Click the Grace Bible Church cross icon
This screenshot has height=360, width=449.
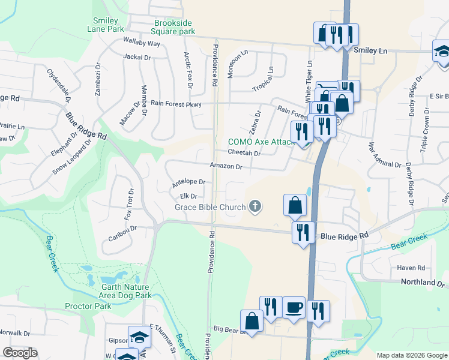tap(255, 207)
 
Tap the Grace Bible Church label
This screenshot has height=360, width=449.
tap(210, 207)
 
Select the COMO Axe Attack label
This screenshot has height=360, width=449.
tap(259, 142)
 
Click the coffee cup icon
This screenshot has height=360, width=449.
tap(294, 307)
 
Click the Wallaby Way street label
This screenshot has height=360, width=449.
tap(142, 44)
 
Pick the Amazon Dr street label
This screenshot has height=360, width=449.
tap(226, 166)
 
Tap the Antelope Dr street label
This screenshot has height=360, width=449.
tap(188, 182)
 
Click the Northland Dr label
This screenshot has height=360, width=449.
tap(423, 282)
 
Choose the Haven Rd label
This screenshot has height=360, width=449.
tap(411, 268)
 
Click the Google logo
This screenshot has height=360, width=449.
tap(20, 353)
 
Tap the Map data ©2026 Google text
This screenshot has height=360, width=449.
tap(411, 355)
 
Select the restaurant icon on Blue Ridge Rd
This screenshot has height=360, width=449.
tap(302, 232)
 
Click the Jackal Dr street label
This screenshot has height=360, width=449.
tap(137, 57)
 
